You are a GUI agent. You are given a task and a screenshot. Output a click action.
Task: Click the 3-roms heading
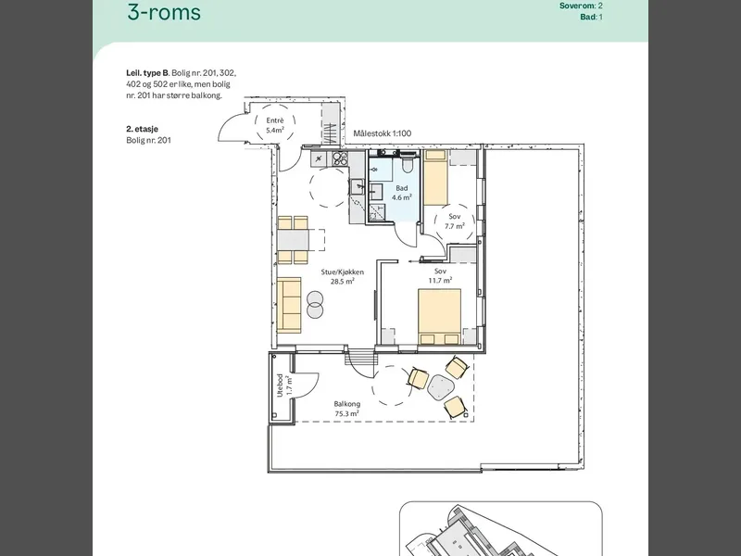pos(164,12)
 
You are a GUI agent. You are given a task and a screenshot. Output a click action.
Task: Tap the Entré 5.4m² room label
pos(275,125)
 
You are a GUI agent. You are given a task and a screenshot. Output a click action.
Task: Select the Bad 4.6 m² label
pos(402,193)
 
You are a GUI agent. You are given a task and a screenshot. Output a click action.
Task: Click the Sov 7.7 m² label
pos(455,221)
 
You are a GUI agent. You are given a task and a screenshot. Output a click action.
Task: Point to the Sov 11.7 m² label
pos(441,275)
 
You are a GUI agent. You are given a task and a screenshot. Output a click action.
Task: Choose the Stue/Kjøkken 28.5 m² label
pos(343,276)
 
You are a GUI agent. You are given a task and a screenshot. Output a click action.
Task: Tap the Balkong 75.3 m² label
pos(346,409)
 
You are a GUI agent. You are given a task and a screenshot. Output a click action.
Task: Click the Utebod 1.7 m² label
pos(284,385)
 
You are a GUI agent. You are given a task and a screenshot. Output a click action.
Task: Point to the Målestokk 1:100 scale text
pos(383,133)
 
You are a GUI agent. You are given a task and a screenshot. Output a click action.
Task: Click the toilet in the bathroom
pos(408,165)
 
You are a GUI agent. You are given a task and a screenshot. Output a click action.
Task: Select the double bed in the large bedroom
pos(439,317)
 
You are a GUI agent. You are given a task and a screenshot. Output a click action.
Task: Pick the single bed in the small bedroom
pos(435,178)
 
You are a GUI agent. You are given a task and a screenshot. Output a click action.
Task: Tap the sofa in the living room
pos(289,304)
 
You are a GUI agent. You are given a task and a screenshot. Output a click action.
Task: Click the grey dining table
pos(293,240)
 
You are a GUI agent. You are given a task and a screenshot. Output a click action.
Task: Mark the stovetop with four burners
pos(340,158)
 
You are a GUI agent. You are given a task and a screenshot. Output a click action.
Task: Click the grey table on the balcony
pos(441,387)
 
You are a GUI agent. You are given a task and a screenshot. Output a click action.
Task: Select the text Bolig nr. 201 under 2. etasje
pos(148,140)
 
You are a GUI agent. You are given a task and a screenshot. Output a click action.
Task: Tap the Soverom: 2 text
pos(582,6)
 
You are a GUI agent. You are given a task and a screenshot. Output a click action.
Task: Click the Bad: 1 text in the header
pos(592,17)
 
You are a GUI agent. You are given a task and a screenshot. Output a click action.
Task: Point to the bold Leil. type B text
pos(147,73)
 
